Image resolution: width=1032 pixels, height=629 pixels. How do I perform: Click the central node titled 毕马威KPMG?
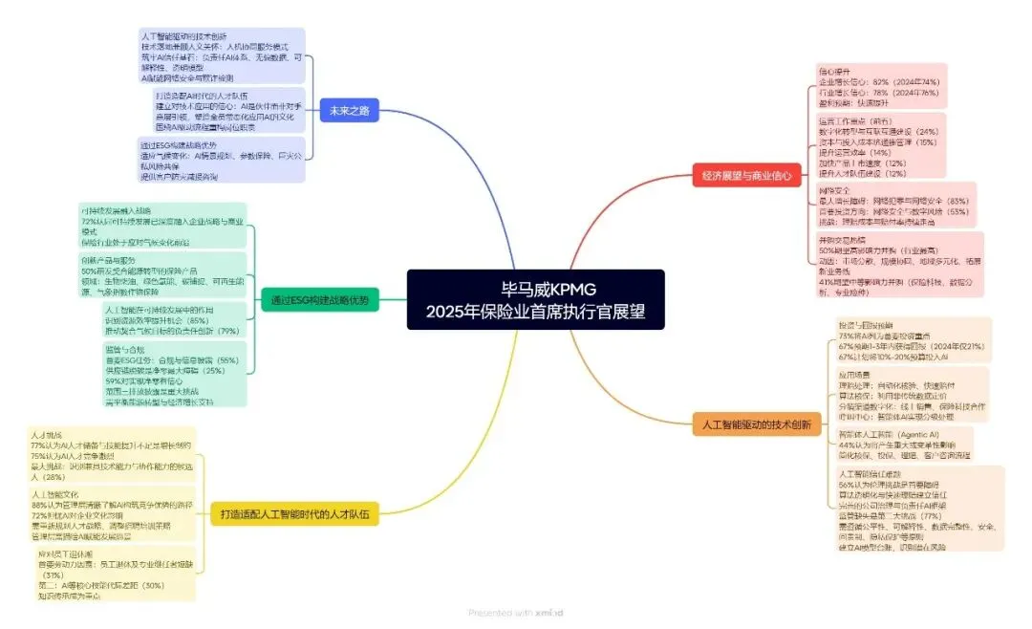point(535,288)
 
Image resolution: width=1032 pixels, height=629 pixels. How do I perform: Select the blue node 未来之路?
point(350,110)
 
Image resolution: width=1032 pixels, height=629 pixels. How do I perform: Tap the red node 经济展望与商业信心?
point(746,175)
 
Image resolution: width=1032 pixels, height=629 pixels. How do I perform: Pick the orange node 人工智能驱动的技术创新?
point(756,424)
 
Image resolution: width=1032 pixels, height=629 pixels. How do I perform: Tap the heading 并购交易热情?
point(839,237)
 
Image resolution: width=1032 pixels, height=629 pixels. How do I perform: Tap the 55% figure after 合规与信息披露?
point(223,360)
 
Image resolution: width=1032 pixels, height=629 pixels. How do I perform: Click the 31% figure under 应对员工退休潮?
point(54,575)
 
